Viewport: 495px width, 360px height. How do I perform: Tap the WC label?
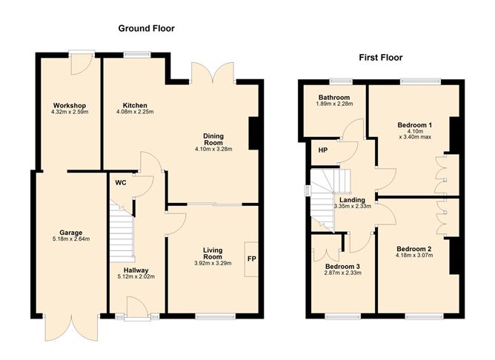pos(120,182)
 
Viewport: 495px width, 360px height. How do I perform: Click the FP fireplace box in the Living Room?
pos(250,259)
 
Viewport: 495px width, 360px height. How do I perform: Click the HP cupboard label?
pos(323,150)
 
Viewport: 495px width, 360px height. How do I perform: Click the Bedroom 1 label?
pos(415,124)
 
